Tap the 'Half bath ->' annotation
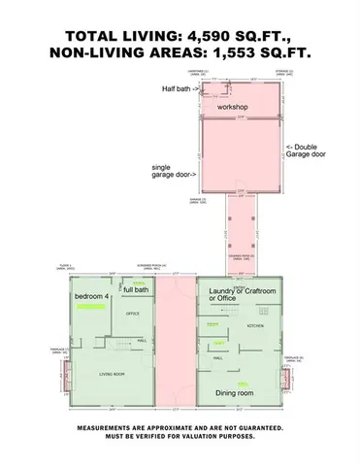pos(180,88)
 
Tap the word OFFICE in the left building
pos(133,314)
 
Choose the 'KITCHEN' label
pos(255,326)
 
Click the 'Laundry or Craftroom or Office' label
pos(243,295)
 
